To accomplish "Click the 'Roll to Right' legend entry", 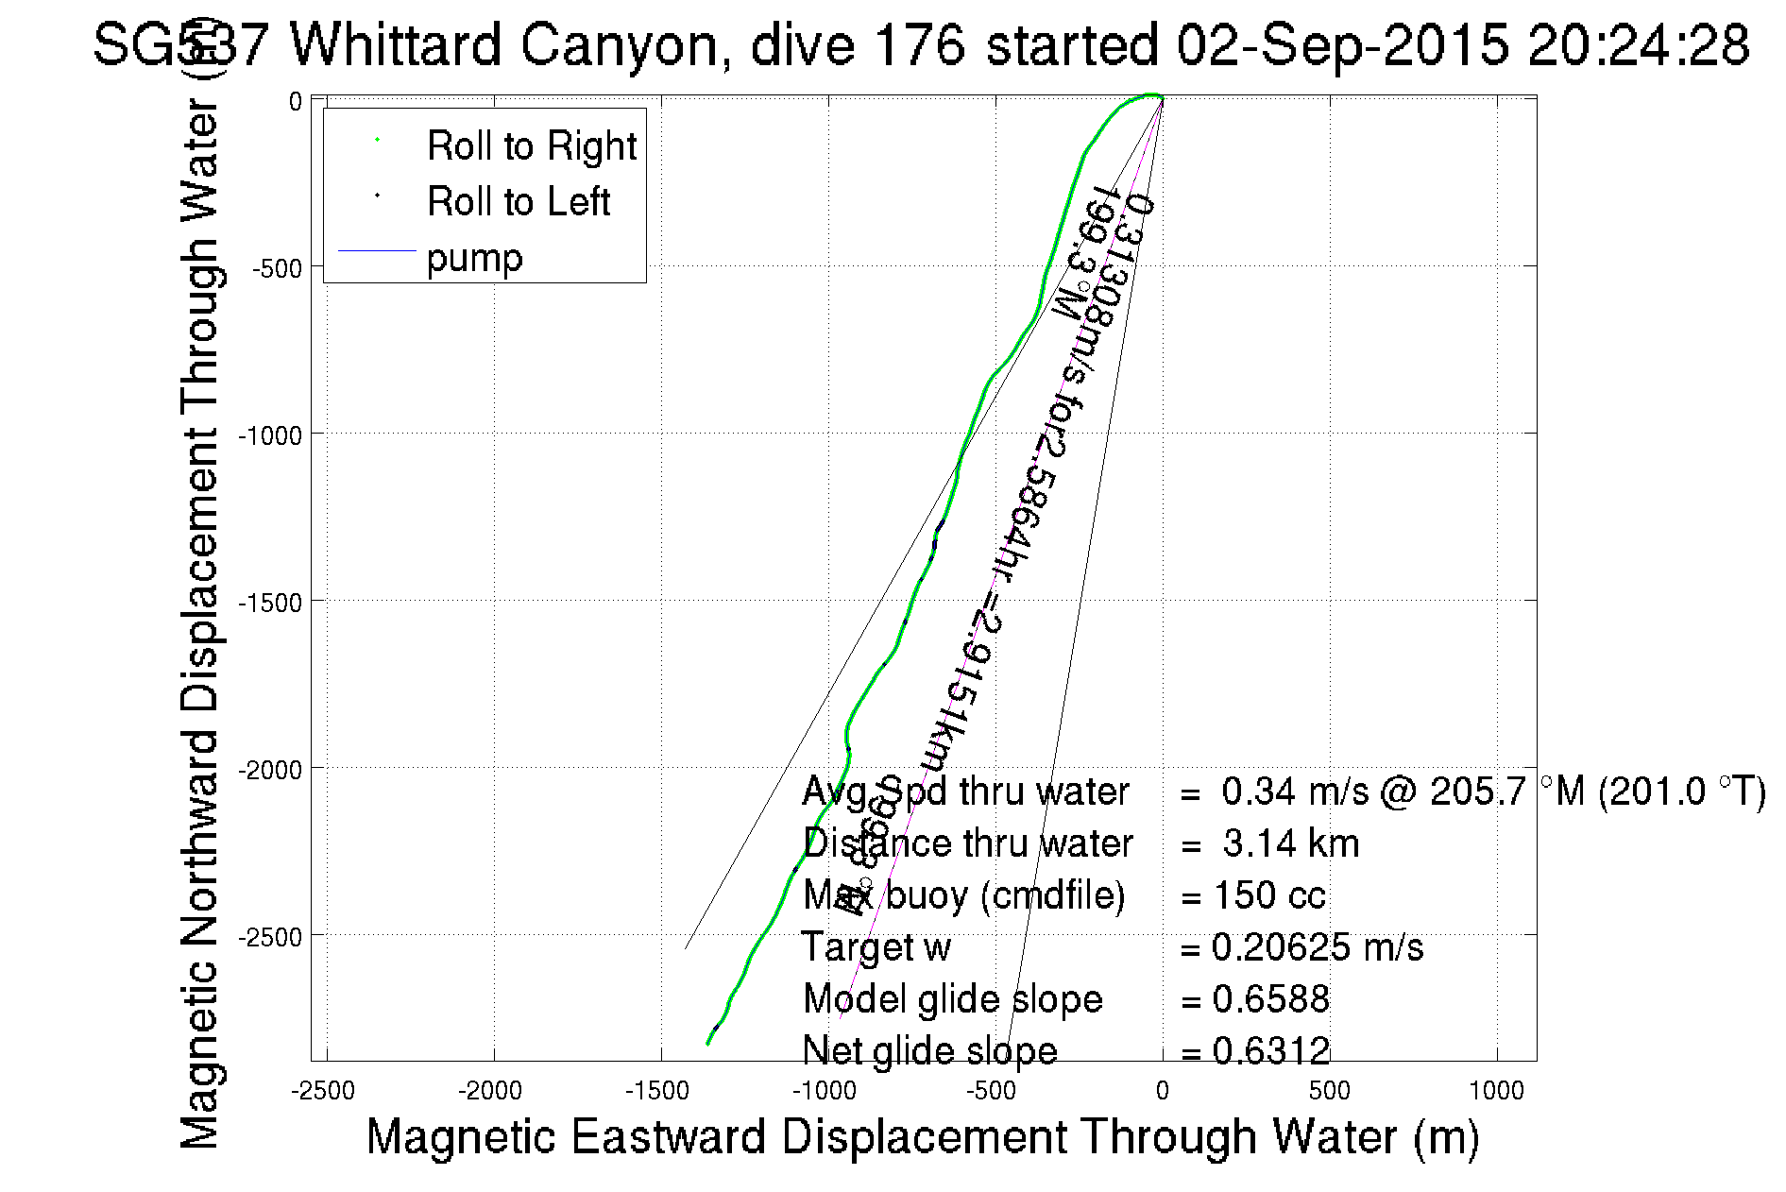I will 531,146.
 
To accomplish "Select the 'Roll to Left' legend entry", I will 518,202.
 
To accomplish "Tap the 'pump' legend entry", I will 474,258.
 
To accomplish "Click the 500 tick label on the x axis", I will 1329,1092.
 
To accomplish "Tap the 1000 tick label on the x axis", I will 1496,1092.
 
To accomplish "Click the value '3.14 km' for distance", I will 1290,843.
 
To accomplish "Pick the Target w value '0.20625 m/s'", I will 1318,947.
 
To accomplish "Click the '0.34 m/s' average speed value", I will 1294,792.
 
